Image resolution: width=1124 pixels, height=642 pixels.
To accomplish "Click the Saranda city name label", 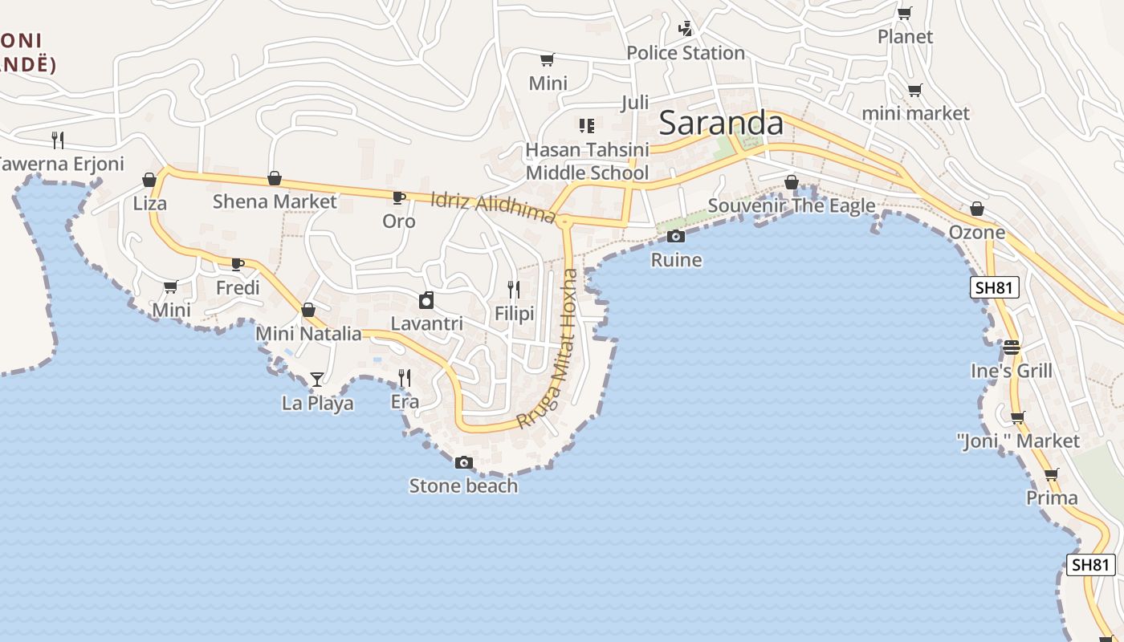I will point(720,124).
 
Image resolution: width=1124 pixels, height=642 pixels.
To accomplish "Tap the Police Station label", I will point(686,53).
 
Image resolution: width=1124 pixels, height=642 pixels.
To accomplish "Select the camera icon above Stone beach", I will point(463,462).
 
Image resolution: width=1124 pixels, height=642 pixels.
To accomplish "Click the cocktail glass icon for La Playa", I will point(317,379).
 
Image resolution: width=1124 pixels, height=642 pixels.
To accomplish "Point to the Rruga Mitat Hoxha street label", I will point(548,350).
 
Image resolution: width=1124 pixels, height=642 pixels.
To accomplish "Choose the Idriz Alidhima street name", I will point(493,207).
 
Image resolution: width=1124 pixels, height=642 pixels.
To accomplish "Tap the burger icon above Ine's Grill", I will point(1011,347).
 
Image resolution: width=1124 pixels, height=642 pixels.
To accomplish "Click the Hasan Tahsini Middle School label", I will point(587,161).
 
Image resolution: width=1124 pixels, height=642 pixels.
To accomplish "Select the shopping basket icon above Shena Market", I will point(275,178).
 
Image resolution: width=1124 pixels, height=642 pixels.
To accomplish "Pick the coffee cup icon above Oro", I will point(398,197).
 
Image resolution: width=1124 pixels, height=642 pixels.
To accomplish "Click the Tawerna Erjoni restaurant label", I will point(61,164).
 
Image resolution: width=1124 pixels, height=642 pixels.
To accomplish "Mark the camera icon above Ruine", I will point(676,236).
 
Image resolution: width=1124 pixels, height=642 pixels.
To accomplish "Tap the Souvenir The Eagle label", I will point(792,205).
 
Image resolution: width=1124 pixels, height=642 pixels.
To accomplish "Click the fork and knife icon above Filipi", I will point(514,290).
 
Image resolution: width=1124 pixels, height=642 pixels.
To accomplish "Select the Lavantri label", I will point(426,323).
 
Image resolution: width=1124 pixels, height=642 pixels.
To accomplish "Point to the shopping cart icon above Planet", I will point(905,13).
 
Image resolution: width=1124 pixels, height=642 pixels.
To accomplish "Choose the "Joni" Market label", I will point(1018,441).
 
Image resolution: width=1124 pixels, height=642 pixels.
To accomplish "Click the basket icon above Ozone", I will point(977,209).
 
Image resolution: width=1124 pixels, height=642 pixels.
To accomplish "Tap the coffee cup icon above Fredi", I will point(238,264).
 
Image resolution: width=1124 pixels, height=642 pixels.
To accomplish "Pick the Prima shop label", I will point(1052,498).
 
